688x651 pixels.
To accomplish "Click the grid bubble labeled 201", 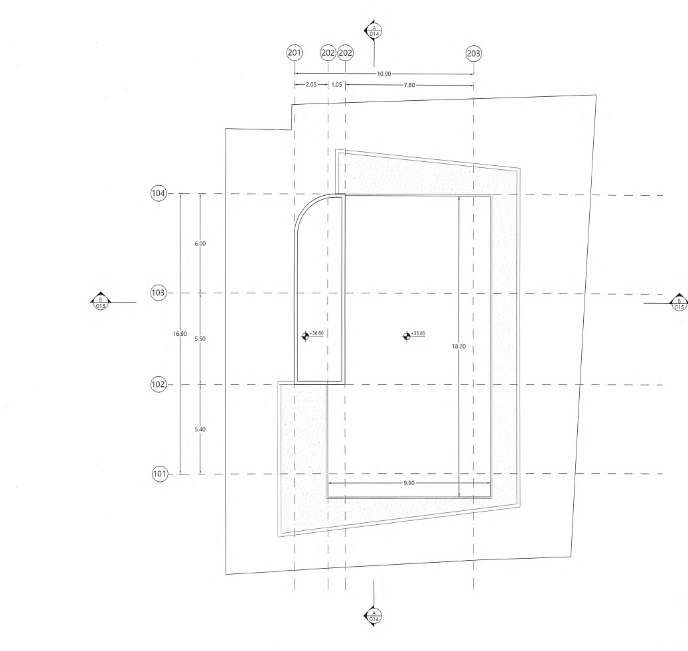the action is coord(295,53).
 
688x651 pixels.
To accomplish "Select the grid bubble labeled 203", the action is coord(474,54).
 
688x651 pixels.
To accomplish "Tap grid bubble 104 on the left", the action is coord(159,193).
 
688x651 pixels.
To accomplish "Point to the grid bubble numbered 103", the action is coord(159,293).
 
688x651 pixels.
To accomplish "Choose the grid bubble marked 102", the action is coord(159,384).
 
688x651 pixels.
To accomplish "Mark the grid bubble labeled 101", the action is coord(160,474).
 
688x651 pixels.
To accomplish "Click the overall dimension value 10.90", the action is coord(383,74).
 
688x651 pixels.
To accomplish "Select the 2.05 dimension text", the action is coord(310,85).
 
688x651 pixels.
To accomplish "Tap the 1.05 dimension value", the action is coord(336,85).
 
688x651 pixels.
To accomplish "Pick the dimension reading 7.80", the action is coord(409,85).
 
